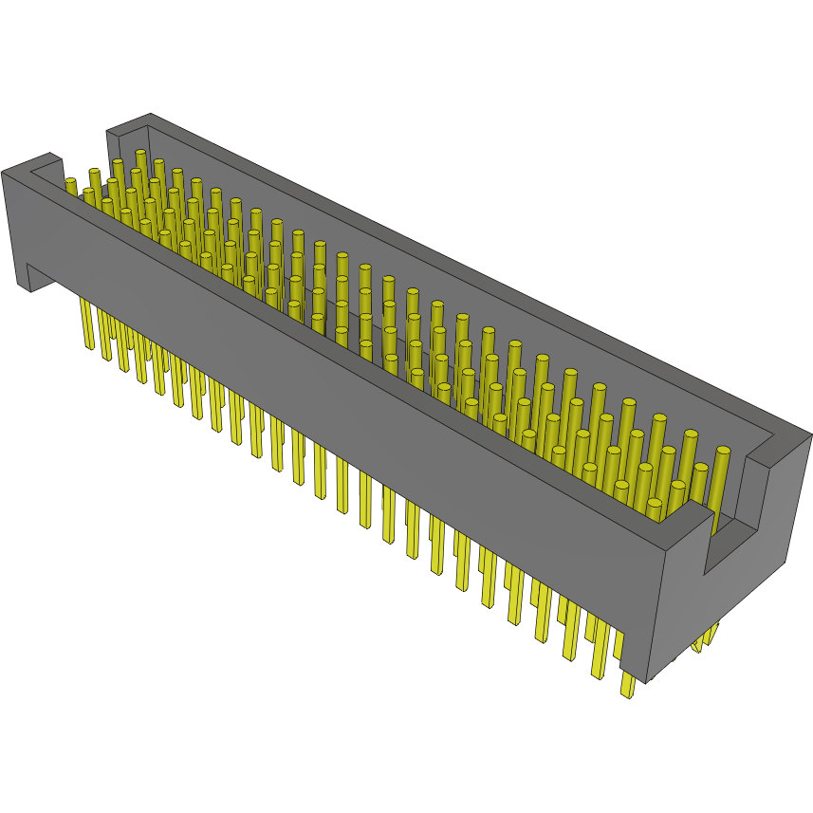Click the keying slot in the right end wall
(x=730, y=531)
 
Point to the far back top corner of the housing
(x=150, y=115)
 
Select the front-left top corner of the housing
(x=5, y=172)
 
